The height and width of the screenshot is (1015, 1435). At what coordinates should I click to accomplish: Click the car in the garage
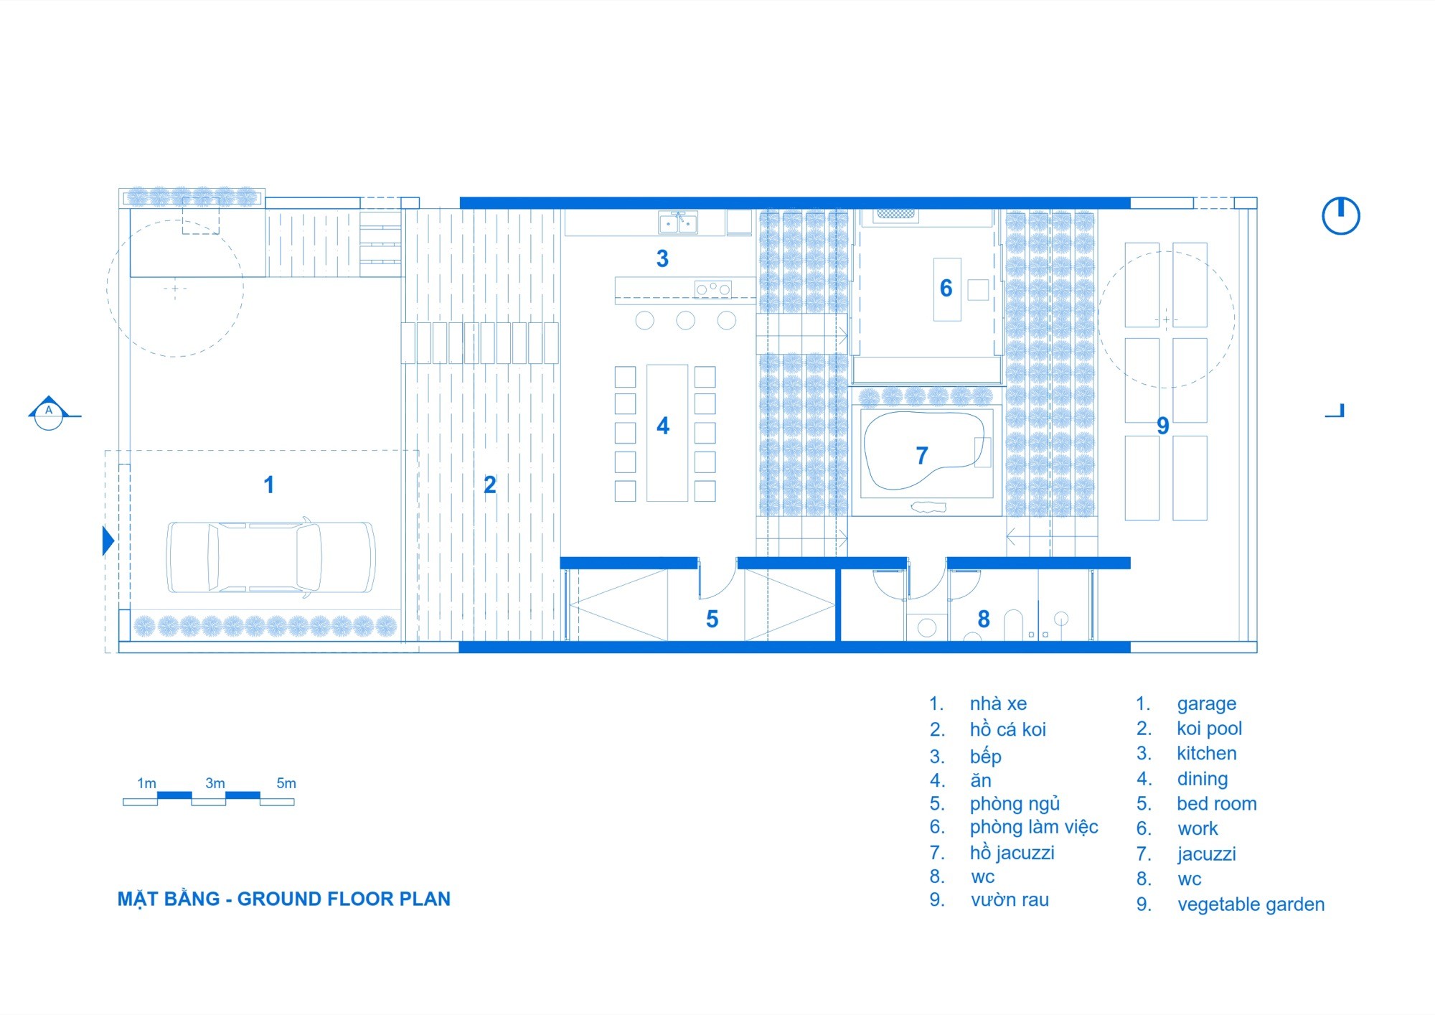pos(270,556)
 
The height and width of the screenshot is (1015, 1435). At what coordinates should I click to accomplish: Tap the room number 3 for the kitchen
pos(662,258)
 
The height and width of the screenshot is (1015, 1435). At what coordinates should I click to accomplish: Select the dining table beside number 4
pos(667,433)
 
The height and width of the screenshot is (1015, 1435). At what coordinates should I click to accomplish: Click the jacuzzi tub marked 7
pos(924,451)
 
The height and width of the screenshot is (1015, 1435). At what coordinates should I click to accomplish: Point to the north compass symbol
pos(1340,215)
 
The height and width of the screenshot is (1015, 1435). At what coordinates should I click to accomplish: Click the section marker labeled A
pos(49,413)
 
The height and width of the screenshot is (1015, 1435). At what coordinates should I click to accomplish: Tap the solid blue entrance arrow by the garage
pos(108,541)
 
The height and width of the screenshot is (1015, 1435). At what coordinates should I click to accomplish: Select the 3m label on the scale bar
pos(215,783)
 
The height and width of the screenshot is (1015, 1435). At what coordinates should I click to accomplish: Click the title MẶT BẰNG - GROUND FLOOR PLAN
pos(284,899)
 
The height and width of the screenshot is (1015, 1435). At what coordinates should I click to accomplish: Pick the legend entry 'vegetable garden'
pos(1251,904)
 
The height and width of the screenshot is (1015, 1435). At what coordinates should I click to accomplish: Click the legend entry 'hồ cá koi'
pos(1008,729)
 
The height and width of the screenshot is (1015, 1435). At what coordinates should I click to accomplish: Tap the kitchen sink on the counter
pos(678,223)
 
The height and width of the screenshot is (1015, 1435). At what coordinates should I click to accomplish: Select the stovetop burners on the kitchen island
pos(712,289)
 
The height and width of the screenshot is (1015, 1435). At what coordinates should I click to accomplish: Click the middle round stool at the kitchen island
pos(686,320)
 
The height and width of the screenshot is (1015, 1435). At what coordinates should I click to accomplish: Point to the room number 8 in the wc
pos(984,619)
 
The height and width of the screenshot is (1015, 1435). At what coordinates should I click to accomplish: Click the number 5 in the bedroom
pos(712,619)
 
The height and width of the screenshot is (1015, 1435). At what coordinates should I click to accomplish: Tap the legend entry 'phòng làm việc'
pos(1034,827)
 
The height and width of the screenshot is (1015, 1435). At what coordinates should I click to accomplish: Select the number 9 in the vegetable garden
pos(1163,426)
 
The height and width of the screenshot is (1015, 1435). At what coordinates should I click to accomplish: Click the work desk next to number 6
pos(947,289)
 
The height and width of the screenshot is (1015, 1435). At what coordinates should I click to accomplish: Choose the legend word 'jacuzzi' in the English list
pos(1207,854)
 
